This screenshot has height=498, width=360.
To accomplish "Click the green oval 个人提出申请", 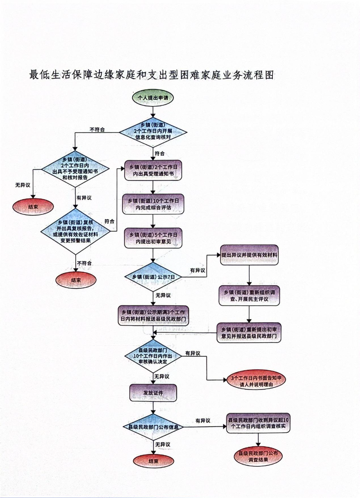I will [x=153, y=98].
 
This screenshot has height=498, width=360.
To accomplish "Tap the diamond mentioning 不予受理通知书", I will [x=75, y=169].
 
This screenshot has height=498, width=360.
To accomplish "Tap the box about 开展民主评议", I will [x=250, y=295].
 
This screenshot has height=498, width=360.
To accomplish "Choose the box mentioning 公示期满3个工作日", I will [x=153, y=315].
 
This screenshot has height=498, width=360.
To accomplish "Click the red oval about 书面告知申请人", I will [x=257, y=380].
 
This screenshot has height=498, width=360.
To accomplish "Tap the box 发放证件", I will [x=153, y=393].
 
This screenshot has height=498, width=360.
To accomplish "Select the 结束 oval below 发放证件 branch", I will [x=153, y=461].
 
